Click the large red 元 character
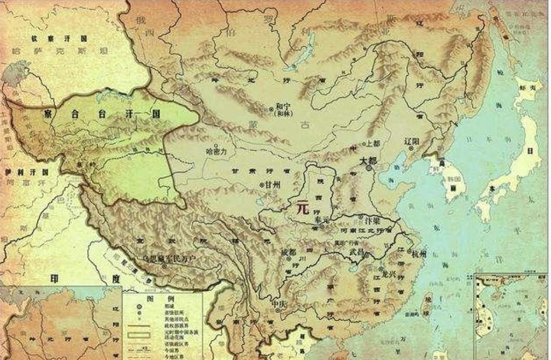303,207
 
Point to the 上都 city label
373,143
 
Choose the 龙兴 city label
390,273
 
